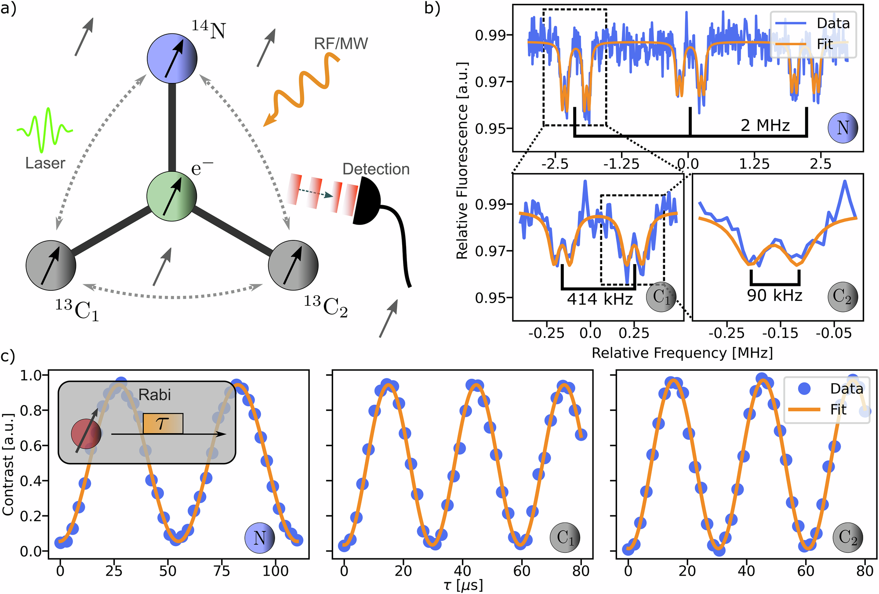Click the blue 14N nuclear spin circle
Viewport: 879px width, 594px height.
tap(172, 58)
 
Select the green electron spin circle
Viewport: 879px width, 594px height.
tap(171, 196)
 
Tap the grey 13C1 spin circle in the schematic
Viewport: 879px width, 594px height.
tap(51, 265)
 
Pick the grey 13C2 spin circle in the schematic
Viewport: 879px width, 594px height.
tap(293, 265)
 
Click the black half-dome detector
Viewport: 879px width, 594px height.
tap(367, 201)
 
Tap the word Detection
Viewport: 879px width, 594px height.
tap(376, 169)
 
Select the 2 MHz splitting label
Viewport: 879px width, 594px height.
tap(765, 126)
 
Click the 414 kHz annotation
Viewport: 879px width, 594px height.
tap(599, 299)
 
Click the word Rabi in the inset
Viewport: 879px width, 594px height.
tap(154, 395)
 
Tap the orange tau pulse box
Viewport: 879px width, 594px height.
tap(163, 424)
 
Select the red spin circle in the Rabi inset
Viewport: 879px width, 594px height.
tap(86, 434)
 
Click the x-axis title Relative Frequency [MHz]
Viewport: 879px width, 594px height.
tap(682, 353)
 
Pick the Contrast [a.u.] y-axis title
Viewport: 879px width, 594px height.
tap(8, 464)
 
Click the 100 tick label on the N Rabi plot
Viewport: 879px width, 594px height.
tap(276, 571)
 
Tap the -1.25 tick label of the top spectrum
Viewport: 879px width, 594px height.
tap(621, 164)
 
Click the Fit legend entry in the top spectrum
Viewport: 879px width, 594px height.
tap(825, 44)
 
